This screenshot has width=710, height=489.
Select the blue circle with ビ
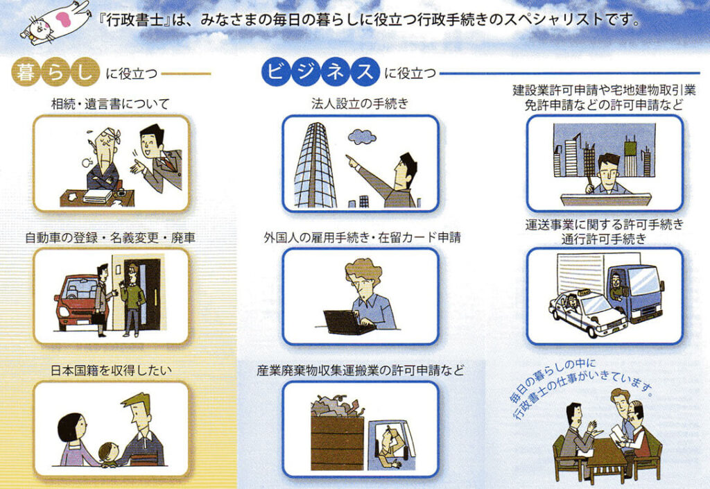[x=276, y=71]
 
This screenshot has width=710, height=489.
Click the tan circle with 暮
[x=26, y=72]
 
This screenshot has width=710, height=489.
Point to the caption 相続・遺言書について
[x=110, y=104]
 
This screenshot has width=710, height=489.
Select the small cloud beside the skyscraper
[x=362, y=136]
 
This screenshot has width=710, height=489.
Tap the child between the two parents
[x=109, y=454]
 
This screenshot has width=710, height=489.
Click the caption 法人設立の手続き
[x=360, y=103]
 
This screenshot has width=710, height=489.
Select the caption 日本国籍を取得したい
[x=112, y=371]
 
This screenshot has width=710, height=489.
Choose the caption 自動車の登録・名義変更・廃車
[x=110, y=238]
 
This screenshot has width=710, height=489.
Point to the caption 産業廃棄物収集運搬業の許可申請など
[x=361, y=371]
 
